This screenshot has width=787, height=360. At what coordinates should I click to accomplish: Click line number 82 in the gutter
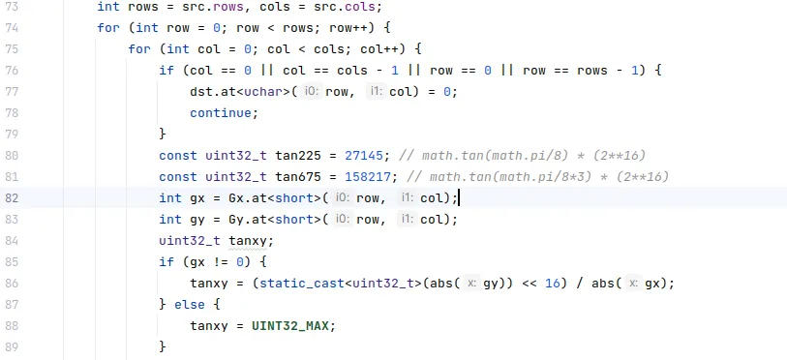tap(12, 198)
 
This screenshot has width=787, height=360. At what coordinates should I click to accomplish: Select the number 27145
tap(364, 156)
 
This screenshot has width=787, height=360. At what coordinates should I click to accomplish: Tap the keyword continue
tap(221, 113)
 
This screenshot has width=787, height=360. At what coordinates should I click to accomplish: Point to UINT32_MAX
tap(290, 326)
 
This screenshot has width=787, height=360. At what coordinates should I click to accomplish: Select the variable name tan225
tap(298, 156)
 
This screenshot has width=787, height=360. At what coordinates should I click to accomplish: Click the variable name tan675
tap(298, 177)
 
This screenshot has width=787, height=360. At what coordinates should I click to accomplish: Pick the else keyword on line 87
tap(190, 305)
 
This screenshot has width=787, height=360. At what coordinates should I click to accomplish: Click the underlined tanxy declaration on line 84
tap(248, 241)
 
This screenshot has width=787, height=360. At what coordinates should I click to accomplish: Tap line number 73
tap(12, 7)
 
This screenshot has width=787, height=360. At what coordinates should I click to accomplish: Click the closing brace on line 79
tap(162, 135)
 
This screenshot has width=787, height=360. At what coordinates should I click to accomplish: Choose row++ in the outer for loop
tap(348, 28)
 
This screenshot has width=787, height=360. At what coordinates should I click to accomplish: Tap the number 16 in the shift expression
tap(552, 284)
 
